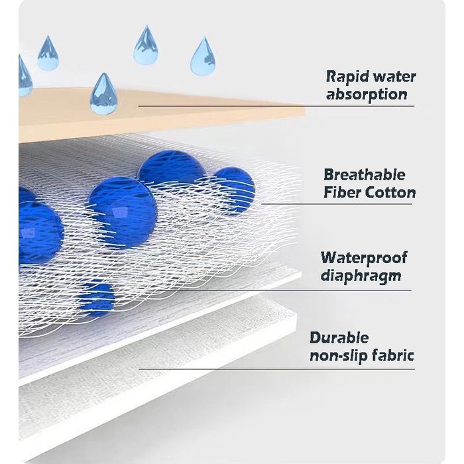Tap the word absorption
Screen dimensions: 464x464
(367, 93)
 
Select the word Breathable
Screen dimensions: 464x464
(364, 175)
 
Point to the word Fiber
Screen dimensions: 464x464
(342, 193)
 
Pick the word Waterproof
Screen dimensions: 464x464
(364, 257)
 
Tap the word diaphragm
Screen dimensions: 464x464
(361, 275)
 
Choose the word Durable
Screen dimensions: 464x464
(339, 338)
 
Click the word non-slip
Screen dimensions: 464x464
(336, 356)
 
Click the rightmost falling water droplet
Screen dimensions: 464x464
(203, 56)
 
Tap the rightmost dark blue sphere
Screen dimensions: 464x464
(233, 189)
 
